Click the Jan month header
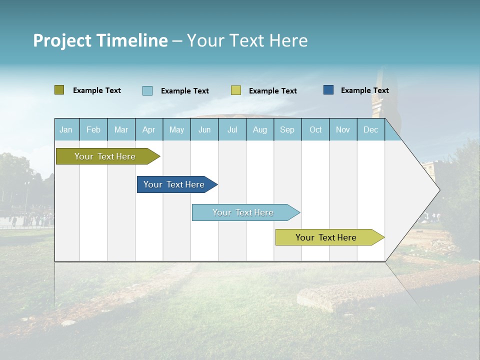pos(66,129)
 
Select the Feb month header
pos(93,129)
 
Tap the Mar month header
pos(121,129)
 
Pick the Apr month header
pos(149,129)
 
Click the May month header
pos(176,129)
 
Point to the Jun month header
pos(204,129)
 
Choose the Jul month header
pos(232,129)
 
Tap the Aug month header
pos(259,129)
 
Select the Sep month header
pos(287,129)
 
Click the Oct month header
pos(315,129)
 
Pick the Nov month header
pos(343,129)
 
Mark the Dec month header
pos(370,129)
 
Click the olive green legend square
pos(59,90)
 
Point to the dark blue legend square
pos(328,90)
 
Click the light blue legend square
pos(147,90)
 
